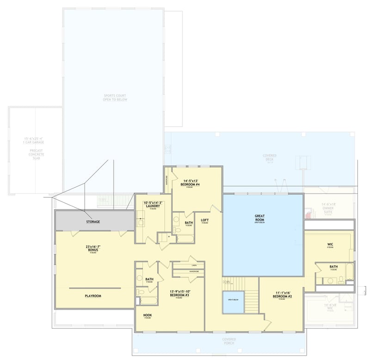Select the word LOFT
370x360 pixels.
tap(204, 220)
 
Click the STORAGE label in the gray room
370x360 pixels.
tap(92, 222)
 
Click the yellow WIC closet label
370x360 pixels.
tap(330, 245)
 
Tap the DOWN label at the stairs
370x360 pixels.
tap(226, 281)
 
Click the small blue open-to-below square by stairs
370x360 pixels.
tap(233, 302)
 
